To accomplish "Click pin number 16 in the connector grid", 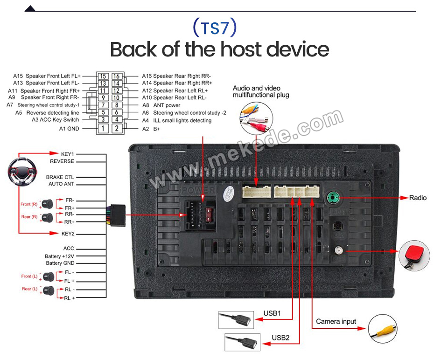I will tap(117, 76).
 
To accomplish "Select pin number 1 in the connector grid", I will tap(103, 128).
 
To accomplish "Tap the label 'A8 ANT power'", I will tap(161, 105).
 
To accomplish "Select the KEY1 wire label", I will tap(67, 153).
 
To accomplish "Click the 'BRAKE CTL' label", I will tap(60, 177).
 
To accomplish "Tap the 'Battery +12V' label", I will tap(59, 256).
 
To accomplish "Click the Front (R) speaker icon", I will tap(48, 204).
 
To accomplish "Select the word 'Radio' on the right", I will tap(418, 198).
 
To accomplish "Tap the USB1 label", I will tap(273, 313).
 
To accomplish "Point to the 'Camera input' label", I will tap(336, 321).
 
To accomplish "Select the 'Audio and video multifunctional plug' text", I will tap(261, 91).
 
